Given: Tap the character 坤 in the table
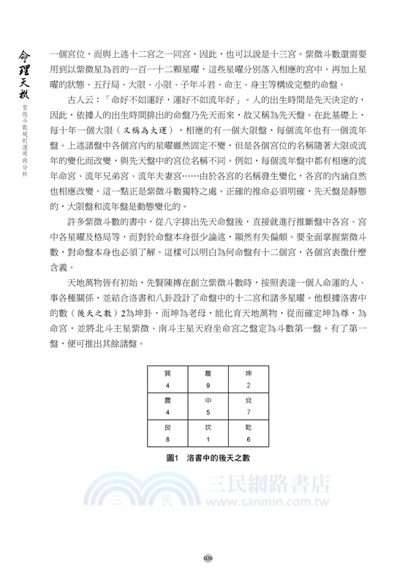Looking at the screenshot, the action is pos(249,373).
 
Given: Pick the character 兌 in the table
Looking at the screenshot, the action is pos(249,401).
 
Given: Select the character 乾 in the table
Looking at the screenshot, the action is pos(249,428).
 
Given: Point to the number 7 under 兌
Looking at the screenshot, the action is pos(249,412).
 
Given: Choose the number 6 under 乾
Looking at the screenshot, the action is pos(249,439).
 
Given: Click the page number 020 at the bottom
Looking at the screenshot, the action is pos(208,558).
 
